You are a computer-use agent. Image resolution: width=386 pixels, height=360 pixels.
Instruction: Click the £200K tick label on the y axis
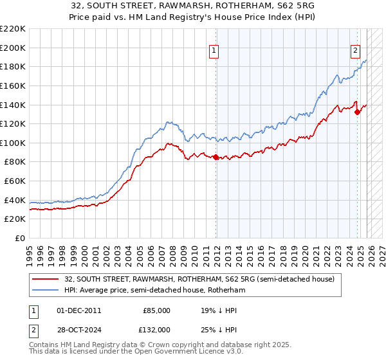[x=13, y=48]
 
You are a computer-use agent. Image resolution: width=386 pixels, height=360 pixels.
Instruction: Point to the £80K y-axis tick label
[x=15, y=162]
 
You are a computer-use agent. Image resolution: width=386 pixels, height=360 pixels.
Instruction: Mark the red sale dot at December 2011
[x=216, y=157]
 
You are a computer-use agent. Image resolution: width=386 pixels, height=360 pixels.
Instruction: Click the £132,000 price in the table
[x=156, y=330]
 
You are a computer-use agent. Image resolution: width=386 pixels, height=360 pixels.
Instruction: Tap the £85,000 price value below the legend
[x=156, y=310]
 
